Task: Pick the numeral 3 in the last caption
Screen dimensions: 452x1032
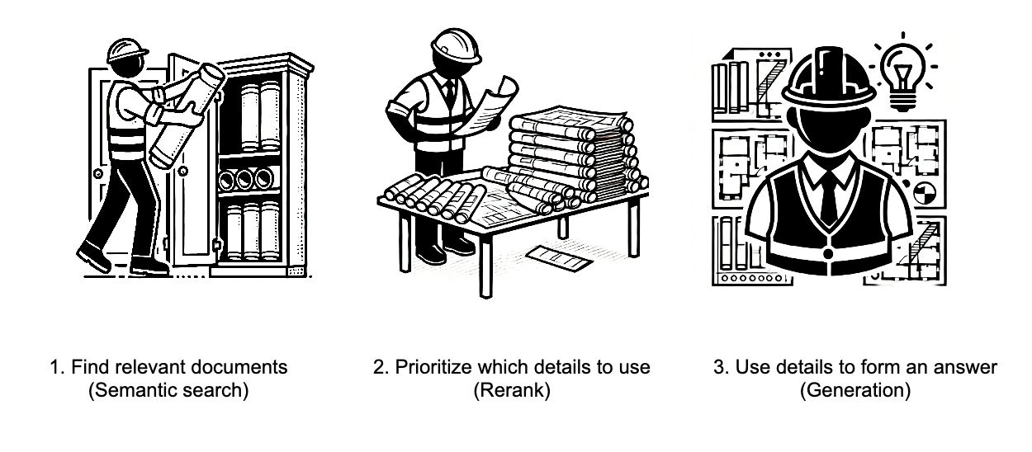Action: pos(718,367)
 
